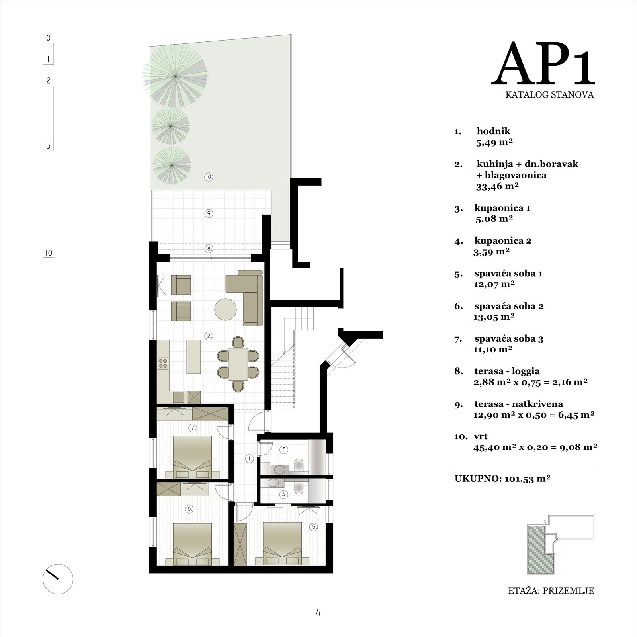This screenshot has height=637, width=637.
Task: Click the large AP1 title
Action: pos(543,65)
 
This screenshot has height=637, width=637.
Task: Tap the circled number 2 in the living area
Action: pos(209,336)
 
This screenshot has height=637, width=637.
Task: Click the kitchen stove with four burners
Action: pos(163,362)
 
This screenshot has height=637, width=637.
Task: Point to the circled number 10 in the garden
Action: pos(209,177)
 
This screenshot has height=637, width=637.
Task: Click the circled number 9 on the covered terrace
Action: pos(209,213)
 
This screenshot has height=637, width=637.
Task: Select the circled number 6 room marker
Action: pos(190,508)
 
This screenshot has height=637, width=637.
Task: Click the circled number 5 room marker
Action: pos(314,527)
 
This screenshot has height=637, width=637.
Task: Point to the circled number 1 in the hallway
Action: pos(250,459)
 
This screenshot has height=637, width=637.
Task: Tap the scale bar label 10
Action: pos(48,253)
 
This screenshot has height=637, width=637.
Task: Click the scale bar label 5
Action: pos(48,146)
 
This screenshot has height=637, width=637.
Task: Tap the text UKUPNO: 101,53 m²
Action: pos(502,479)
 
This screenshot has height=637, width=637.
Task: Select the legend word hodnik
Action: pos(493,131)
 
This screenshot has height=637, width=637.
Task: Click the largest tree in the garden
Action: pos(175,76)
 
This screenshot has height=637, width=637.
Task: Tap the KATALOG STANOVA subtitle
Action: pos(549,95)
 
